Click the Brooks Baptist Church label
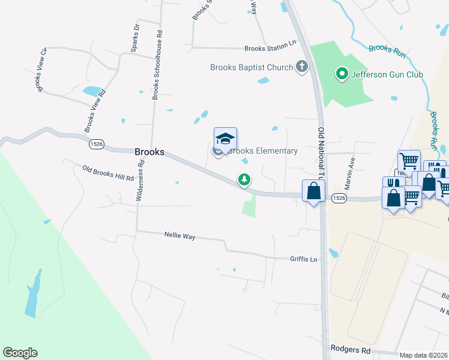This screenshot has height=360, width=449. click(x=251, y=68)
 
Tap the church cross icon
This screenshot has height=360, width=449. click(x=301, y=67)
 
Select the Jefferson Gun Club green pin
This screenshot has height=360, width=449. click(x=342, y=74)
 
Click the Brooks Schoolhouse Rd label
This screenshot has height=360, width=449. click(x=157, y=65)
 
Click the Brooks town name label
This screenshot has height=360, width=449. click(x=149, y=152)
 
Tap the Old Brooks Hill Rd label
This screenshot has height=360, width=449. click(x=108, y=173)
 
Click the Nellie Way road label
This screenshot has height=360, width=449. click(x=180, y=236)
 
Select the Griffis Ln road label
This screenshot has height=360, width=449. click(x=303, y=259)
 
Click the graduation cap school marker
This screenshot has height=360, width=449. click(x=225, y=139)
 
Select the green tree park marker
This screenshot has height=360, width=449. click(x=244, y=179)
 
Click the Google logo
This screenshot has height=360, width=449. click(x=20, y=353)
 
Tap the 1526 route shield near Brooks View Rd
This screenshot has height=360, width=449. click(x=96, y=144)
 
